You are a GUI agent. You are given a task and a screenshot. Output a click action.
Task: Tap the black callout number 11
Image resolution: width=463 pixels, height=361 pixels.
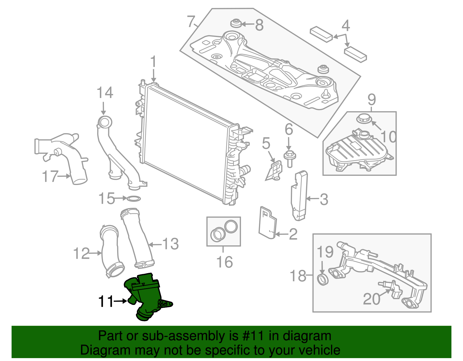pos(106,301)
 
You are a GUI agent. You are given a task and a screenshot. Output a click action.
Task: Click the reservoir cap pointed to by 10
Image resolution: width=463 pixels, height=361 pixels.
pos(363,118)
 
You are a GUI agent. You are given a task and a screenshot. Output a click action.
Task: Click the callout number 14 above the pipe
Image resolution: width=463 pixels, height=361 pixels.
pos(105,93)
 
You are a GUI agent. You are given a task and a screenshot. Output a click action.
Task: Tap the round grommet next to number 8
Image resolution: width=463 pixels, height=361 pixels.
pos(236,23)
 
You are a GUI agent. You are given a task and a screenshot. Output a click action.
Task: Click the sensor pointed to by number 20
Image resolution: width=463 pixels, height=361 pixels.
pos(394,290)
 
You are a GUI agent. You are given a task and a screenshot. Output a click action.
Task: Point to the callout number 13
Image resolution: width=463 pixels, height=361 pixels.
pos(170,244)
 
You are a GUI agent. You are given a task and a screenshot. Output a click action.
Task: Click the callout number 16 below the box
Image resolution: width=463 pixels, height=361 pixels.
pos(224,262)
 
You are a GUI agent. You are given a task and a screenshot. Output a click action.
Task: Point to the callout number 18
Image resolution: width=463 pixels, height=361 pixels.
pos(298,276)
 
